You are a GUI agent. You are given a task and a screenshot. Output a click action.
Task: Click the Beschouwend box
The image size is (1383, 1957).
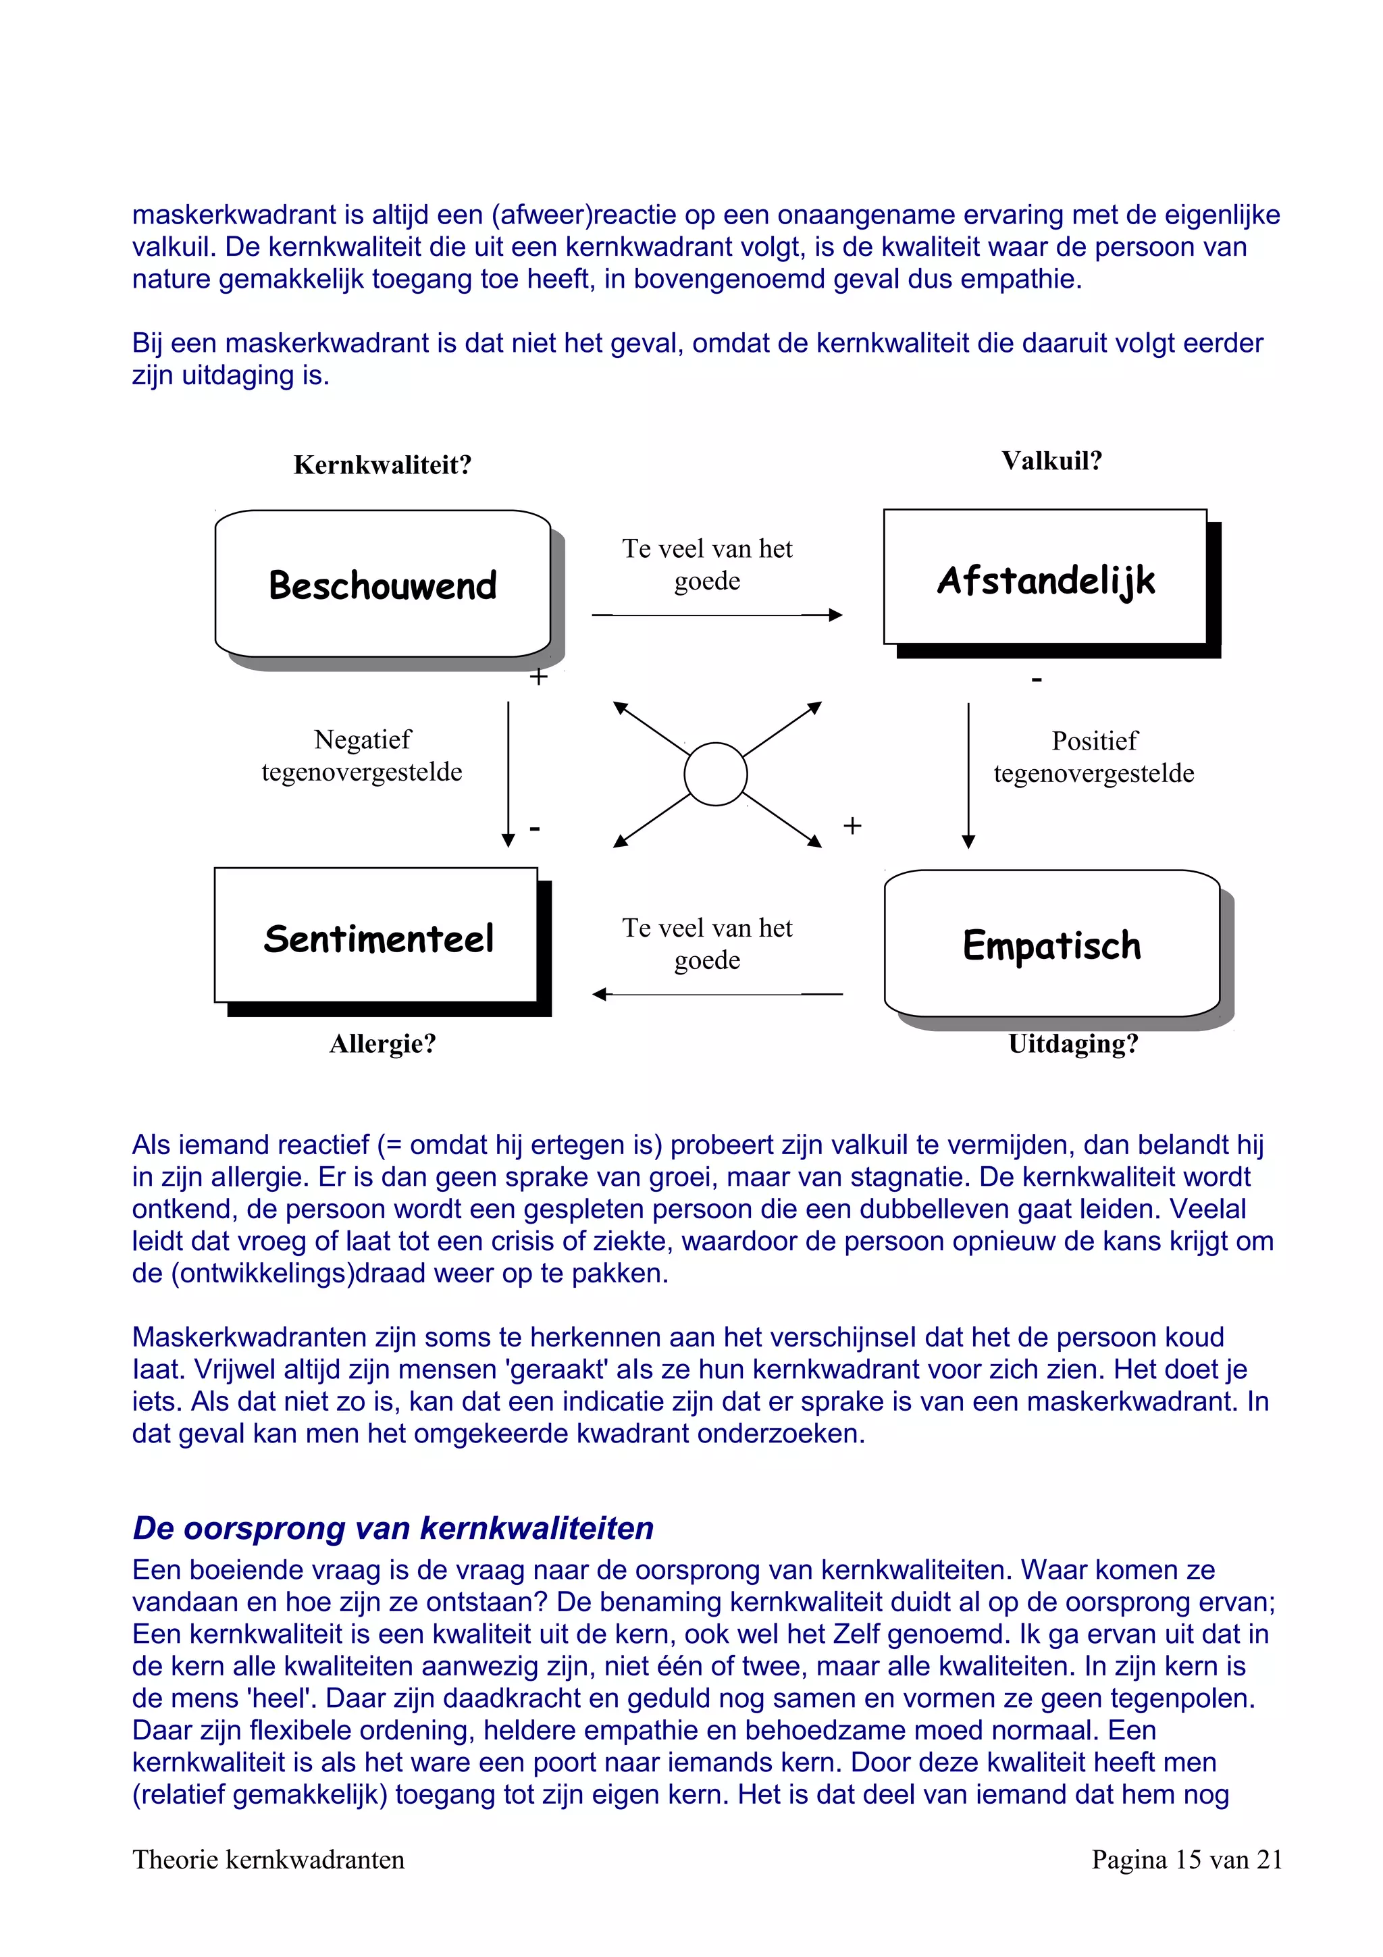[x=383, y=584]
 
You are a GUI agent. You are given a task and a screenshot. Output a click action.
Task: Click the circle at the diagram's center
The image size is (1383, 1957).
[x=715, y=774]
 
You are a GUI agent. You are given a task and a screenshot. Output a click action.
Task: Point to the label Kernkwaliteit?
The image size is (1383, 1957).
[x=383, y=465]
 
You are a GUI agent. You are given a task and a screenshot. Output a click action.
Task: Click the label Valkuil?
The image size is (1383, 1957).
[x=1051, y=461]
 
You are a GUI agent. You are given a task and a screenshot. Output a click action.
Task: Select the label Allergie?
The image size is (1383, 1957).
[x=383, y=1043]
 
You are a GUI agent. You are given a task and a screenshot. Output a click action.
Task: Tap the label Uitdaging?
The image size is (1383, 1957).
[x=1073, y=1043]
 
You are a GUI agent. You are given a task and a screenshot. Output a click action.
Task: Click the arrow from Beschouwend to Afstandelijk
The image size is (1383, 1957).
[x=716, y=615]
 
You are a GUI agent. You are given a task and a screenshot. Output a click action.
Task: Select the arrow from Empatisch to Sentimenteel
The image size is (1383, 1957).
[x=716, y=994]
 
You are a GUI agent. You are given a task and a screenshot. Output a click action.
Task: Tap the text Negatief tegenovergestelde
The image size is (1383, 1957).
[x=362, y=755]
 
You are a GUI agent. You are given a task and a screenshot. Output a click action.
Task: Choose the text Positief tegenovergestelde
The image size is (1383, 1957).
[x=1094, y=757]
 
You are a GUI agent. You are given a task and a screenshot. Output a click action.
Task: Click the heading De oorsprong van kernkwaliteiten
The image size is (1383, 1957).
[x=393, y=1528]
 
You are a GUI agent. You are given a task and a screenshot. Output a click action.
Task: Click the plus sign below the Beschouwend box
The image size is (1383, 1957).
[x=538, y=677]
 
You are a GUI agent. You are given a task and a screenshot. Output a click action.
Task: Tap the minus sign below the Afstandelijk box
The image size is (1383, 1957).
[x=1036, y=680]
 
